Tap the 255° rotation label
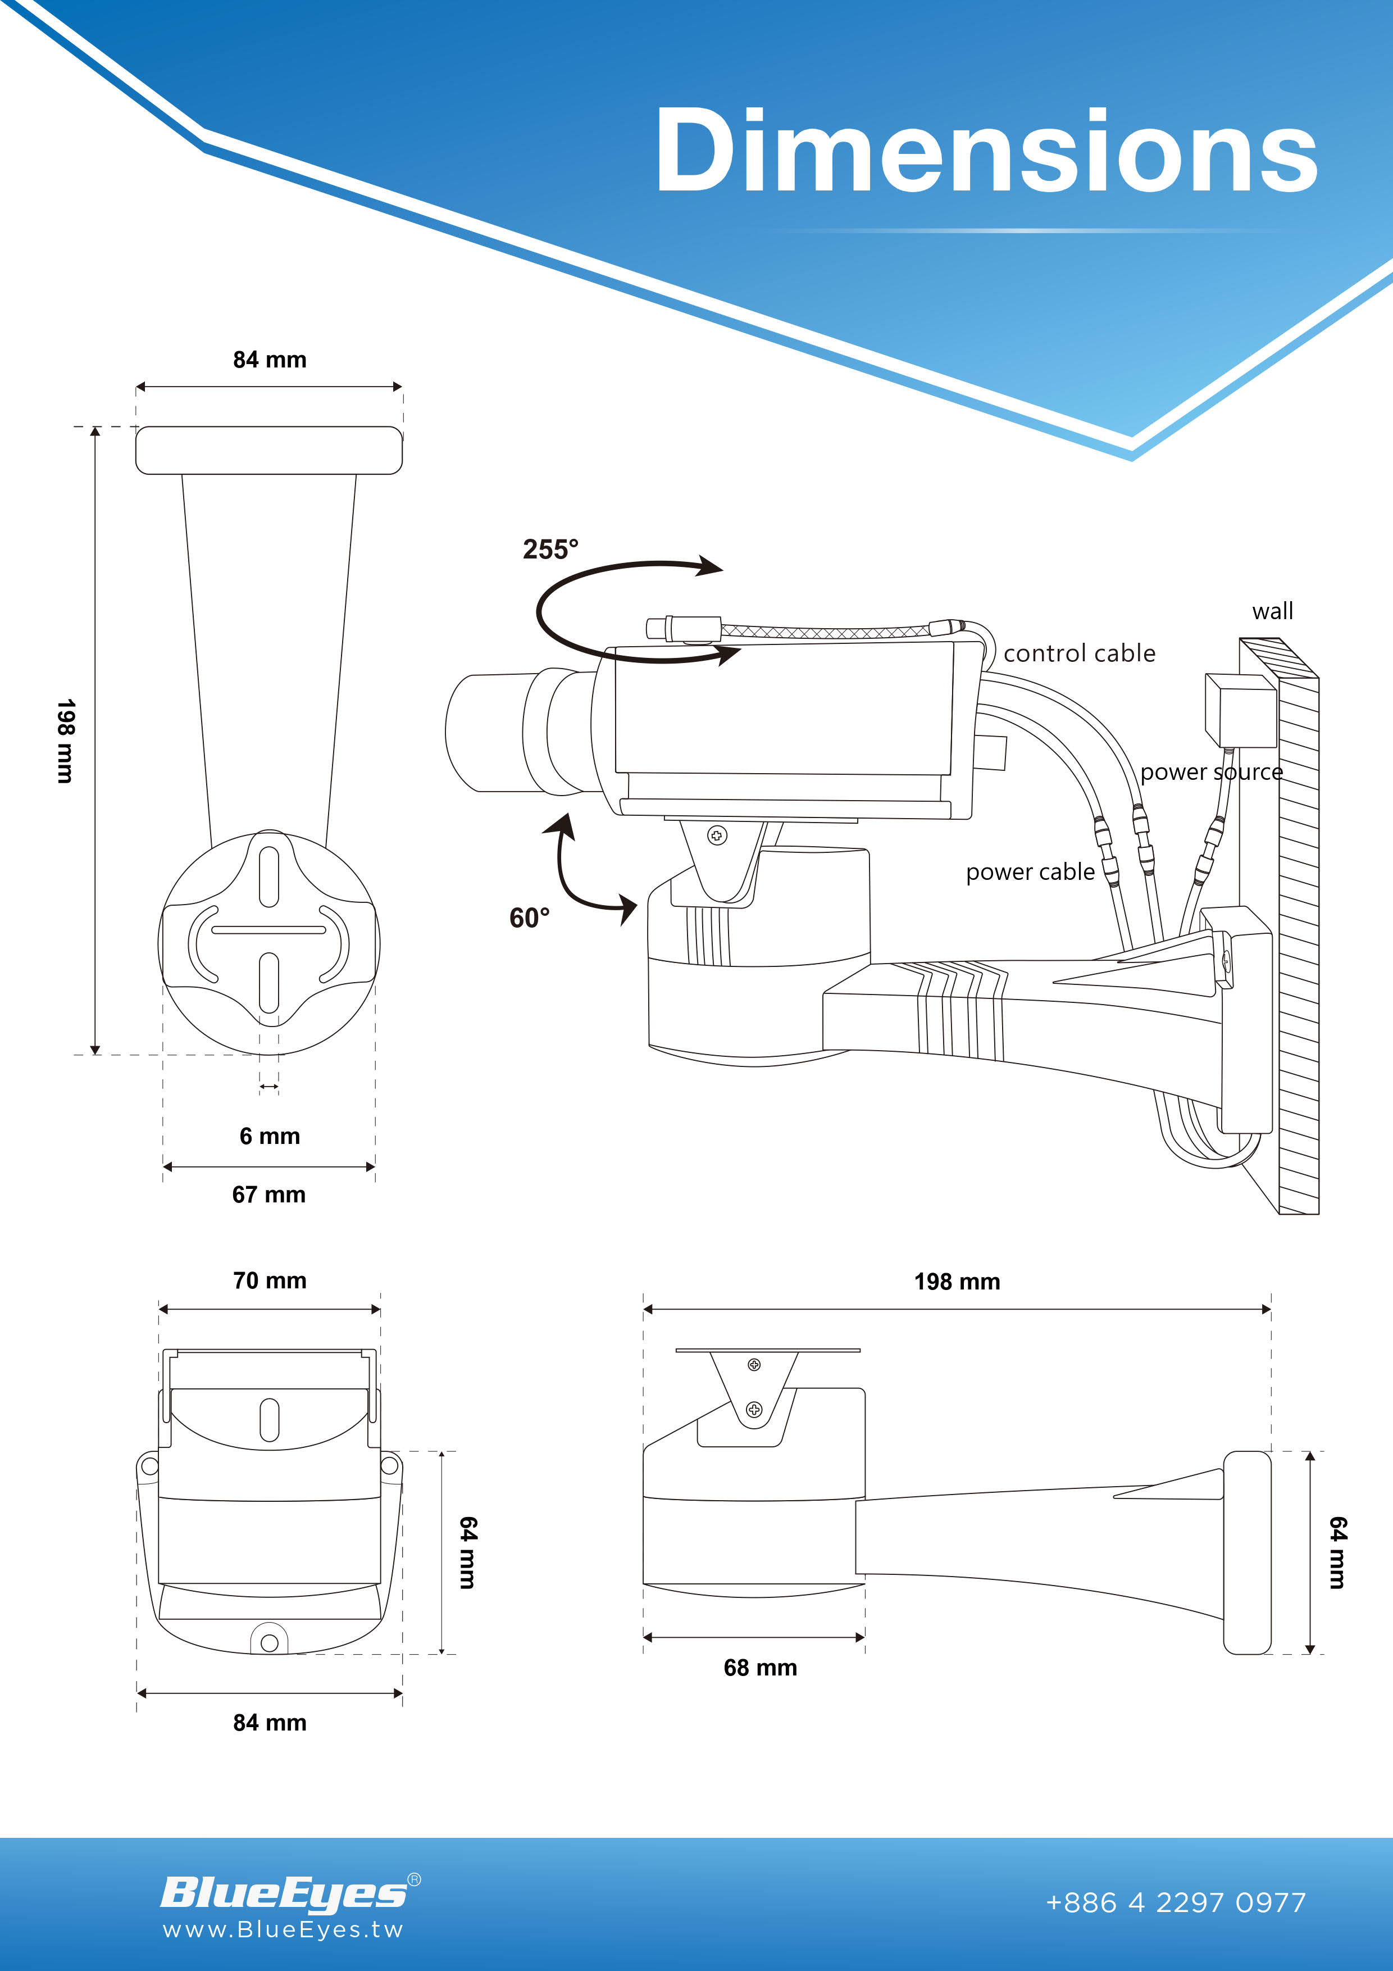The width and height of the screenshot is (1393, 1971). point(551,549)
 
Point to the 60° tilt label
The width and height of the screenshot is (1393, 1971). point(530,918)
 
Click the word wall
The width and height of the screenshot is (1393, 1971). point(1273,611)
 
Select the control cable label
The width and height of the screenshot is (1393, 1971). point(1080,653)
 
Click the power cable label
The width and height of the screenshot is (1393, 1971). point(1030,872)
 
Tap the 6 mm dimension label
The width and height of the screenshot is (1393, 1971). point(270,1137)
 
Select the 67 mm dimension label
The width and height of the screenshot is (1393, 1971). point(268,1195)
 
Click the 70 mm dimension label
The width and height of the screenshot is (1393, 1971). point(270,1281)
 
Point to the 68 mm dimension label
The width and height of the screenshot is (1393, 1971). point(761,1668)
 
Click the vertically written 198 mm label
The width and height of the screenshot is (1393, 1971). point(65,741)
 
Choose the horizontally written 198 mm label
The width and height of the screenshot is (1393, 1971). point(957,1282)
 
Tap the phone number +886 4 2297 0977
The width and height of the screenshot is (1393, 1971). point(1176,1903)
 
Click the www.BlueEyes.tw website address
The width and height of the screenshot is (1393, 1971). point(283,1931)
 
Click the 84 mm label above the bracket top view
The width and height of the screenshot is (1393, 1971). point(270,360)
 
